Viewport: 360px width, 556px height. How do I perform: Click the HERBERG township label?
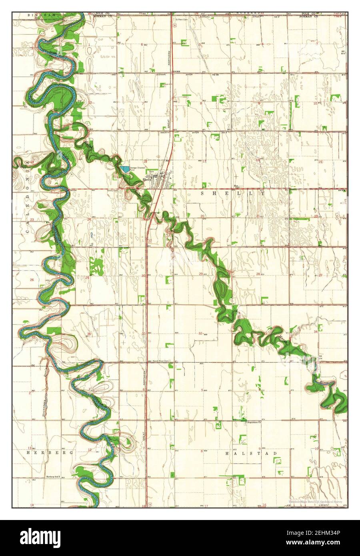50,452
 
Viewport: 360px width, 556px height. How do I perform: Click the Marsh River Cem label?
161,361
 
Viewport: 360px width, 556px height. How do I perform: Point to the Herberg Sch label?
54,477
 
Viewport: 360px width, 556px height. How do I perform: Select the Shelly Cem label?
113,191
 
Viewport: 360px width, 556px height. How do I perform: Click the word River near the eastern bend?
324,383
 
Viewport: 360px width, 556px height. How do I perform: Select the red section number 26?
32,280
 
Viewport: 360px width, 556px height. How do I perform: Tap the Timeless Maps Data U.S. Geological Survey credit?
318,501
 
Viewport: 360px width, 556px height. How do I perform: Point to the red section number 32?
200,333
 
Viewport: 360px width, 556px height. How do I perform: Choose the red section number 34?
316,332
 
